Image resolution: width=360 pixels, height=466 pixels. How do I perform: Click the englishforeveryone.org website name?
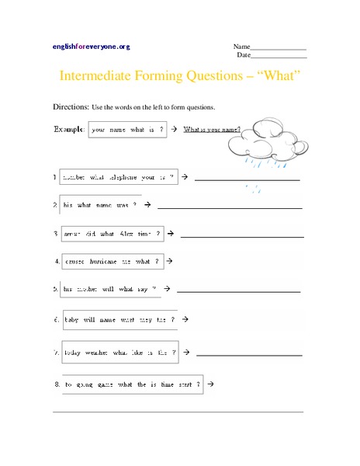click(91, 47)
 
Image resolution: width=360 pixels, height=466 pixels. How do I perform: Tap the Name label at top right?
click(241, 46)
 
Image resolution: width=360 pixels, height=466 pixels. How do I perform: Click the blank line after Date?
click(279, 57)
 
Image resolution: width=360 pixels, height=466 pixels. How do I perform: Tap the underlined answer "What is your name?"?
click(212, 130)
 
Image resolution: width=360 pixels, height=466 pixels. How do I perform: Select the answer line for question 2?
click(230, 207)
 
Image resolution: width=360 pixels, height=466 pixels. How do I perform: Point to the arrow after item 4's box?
click(169, 261)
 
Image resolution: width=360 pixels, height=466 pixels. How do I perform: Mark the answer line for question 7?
click(249, 354)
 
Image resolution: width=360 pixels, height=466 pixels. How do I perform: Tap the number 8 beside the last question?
click(57, 384)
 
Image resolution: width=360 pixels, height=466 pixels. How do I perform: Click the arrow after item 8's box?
click(211, 384)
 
